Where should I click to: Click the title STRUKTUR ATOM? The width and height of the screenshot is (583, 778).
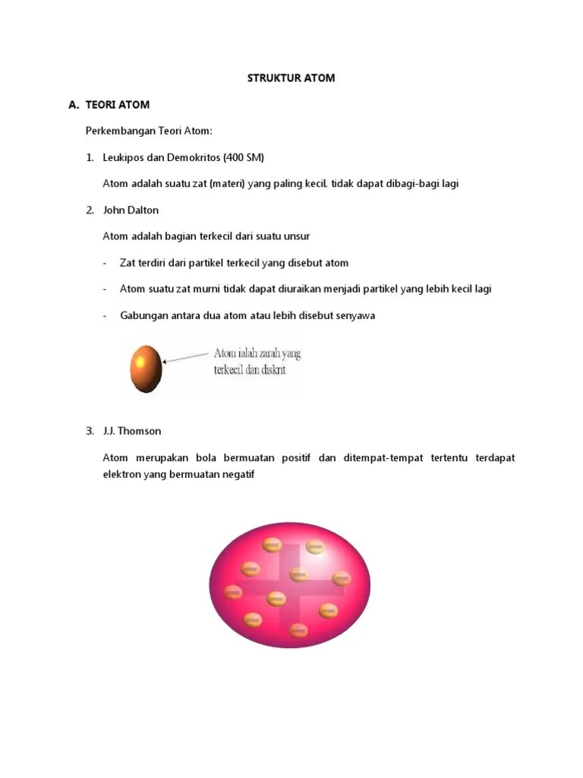pyautogui.click(x=291, y=78)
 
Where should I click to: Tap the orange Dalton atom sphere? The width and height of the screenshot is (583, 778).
pyautogui.click(x=146, y=368)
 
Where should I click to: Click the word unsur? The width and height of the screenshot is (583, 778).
pyautogui.click(x=295, y=236)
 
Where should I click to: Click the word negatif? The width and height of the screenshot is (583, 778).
pyautogui.click(x=238, y=475)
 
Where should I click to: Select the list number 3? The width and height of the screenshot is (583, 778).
pyautogui.click(x=90, y=431)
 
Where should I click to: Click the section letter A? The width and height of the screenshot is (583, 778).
pyautogui.click(x=73, y=105)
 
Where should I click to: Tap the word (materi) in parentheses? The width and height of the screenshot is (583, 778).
pyautogui.click(x=230, y=184)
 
